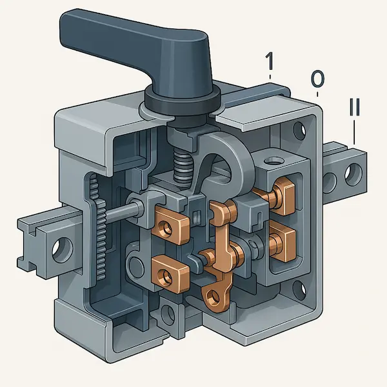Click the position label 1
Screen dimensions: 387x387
click(x=270, y=61)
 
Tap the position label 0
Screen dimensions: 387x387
click(x=317, y=79)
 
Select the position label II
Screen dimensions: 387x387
click(x=354, y=107)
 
